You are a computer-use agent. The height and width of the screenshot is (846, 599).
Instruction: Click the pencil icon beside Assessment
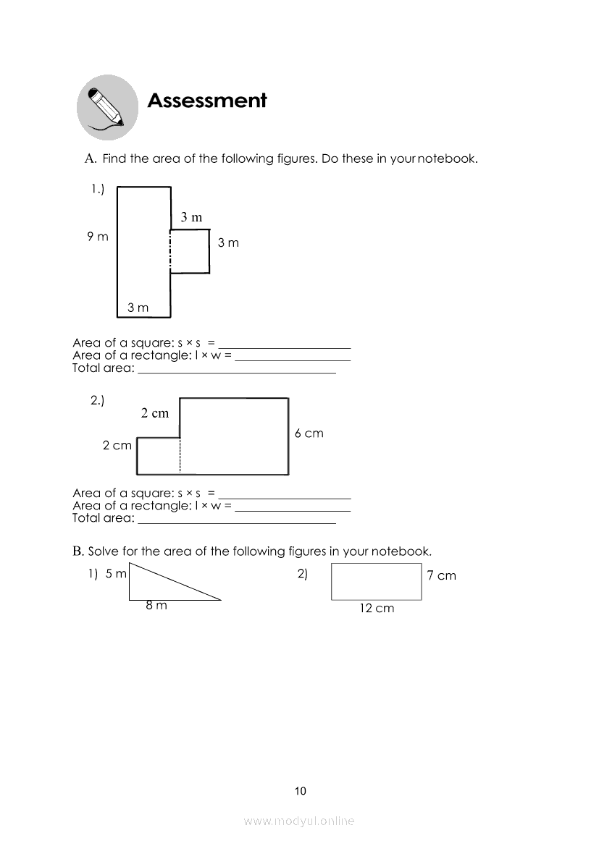pos(107,108)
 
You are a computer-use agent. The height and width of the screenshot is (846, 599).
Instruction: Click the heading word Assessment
pos(207,101)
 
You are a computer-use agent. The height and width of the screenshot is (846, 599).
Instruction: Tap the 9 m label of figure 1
pos(98,237)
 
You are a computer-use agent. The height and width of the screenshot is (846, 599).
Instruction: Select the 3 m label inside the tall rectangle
pos(138,308)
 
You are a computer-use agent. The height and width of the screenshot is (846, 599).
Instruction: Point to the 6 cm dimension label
pos(309,433)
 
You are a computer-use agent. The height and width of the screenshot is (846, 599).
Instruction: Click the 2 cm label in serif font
pos(154,413)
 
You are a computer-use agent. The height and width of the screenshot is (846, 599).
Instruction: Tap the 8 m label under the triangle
pos(156,606)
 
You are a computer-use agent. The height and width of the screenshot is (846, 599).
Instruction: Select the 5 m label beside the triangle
pos(116,574)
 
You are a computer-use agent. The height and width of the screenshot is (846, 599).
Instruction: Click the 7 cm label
pos(441,576)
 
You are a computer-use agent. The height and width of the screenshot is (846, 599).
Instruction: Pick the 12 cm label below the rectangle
pos(377,609)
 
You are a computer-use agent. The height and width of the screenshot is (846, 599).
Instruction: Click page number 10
pos(301,791)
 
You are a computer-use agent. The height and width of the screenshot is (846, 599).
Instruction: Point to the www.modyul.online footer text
pos(299,821)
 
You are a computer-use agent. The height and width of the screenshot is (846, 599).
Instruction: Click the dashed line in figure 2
pos(180,456)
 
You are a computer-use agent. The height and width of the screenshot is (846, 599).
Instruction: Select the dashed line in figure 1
pos(171,252)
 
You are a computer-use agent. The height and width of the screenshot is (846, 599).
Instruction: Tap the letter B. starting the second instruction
pos(78,551)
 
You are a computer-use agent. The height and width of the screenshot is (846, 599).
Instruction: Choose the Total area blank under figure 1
pos(237,371)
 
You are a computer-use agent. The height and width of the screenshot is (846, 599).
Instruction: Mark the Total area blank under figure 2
pos(237,520)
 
